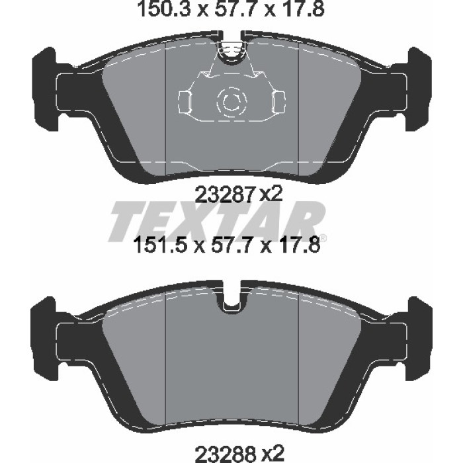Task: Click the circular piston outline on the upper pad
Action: [x=231, y=102]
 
